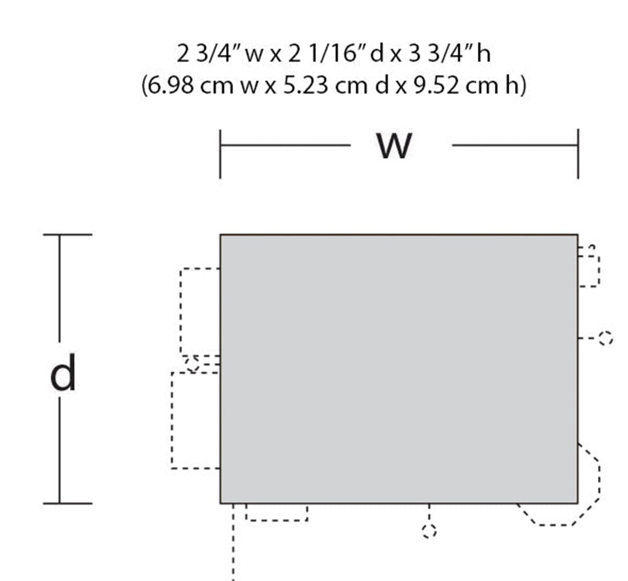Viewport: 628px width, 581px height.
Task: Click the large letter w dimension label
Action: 394,146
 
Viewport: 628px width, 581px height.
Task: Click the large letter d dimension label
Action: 63,374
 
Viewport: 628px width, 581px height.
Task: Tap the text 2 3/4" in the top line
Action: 202,55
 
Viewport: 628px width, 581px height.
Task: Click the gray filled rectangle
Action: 398,369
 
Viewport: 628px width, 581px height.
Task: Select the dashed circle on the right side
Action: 605,339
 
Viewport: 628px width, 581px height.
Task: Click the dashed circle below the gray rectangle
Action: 429,531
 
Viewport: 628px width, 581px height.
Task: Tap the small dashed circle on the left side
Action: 192,364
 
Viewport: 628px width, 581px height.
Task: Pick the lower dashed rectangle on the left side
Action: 195,420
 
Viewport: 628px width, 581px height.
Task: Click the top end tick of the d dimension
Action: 67,235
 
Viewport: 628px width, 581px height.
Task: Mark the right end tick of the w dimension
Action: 578,154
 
